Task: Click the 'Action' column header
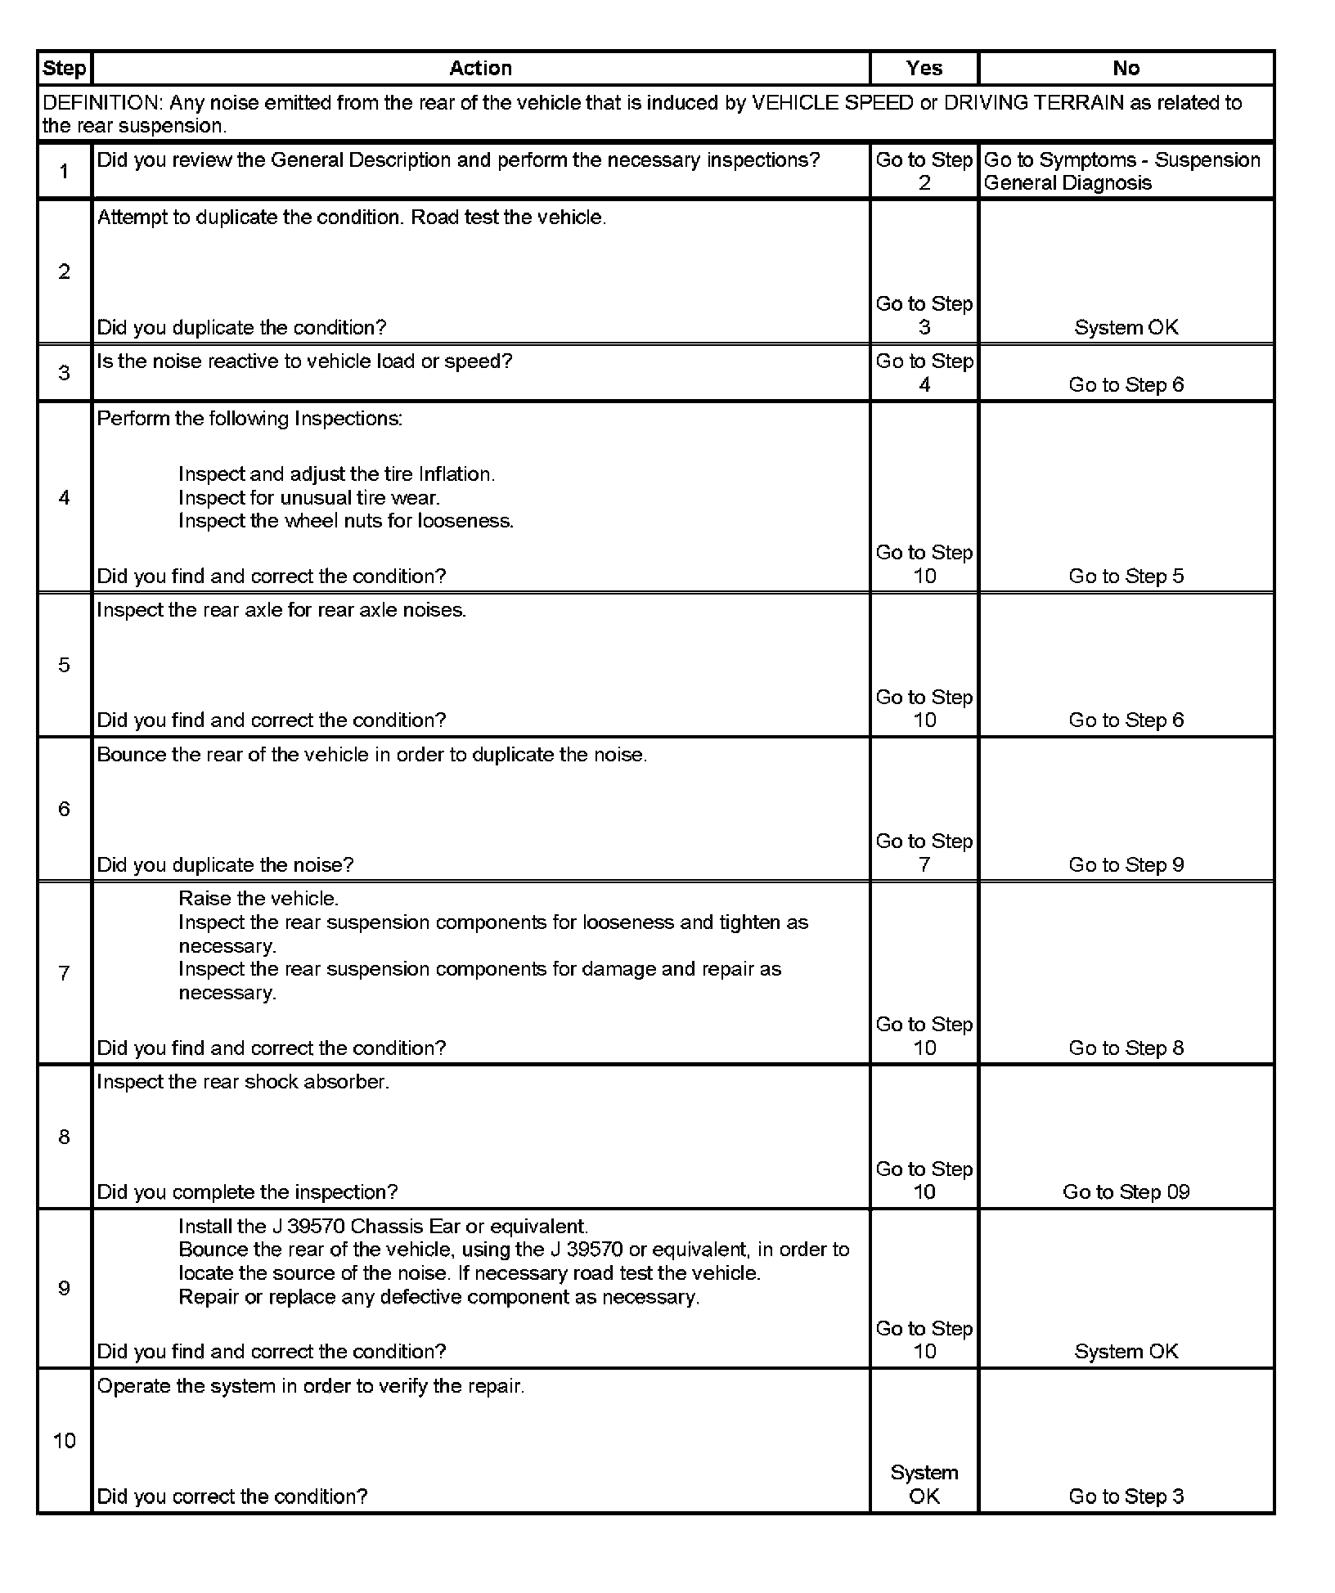click(x=480, y=69)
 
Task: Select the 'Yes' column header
click(x=924, y=69)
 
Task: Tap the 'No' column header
click(x=1126, y=69)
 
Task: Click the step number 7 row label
click(x=65, y=973)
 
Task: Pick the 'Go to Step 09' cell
click(x=1126, y=1192)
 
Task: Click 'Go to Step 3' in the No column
click(x=1126, y=1497)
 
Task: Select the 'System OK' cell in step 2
click(x=1126, y=328)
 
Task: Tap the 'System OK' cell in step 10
click(x=924, y=1485)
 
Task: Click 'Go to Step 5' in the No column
click(x=1126, y=577)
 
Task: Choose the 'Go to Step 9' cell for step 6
click(x=1126, y=865)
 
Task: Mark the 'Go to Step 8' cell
click(x=1126, y=1048)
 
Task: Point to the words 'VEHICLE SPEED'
click(x=832, y=103)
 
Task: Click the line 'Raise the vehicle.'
click(x=258, y=899)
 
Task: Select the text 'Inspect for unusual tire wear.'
click(x=308, y=498)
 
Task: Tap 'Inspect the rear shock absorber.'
click(x=243, y=1082)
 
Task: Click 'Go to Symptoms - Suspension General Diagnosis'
click(x=1121, y=172)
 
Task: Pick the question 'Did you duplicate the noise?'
click(x=225, y=865)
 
